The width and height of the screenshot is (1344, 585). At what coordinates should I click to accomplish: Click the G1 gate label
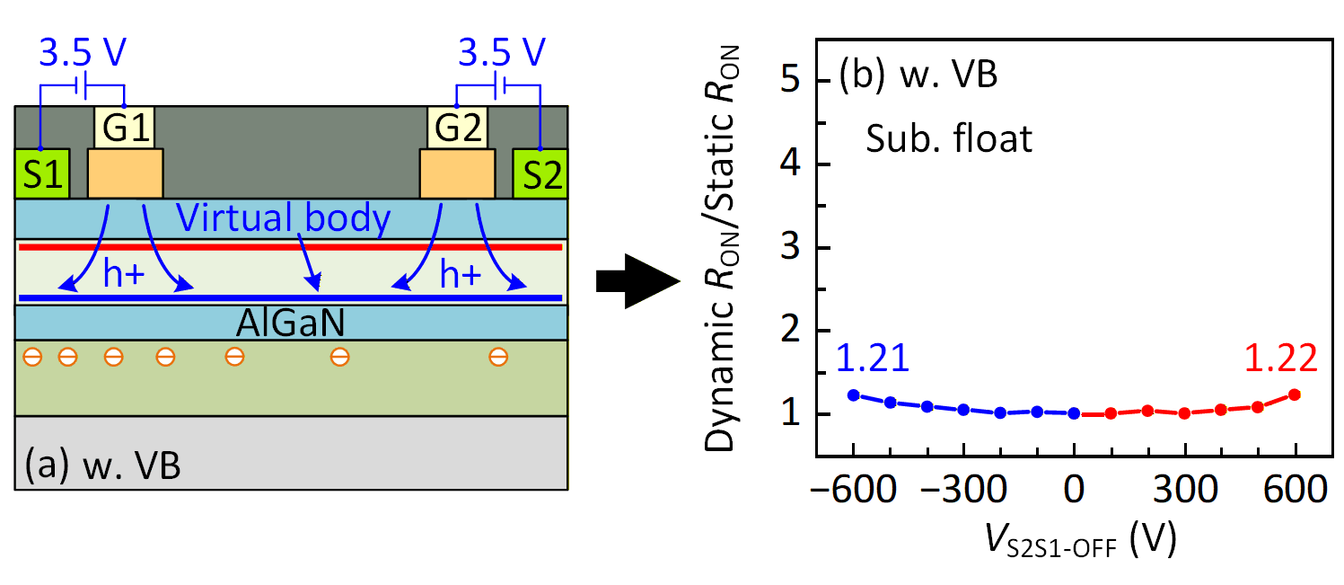point(125,129)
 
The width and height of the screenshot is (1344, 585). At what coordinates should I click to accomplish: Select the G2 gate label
point(457,129)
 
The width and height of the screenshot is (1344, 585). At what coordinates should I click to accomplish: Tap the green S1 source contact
point(41,173)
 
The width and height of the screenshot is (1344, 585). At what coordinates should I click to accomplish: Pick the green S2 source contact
point(540,173)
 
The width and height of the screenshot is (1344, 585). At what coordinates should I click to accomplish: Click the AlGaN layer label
point(292,322)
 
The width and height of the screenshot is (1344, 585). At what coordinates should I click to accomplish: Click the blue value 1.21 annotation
point(874,359)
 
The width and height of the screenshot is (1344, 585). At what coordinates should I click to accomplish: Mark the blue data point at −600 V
point(853,394)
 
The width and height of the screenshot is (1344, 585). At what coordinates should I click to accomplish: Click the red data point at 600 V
point(1295,394)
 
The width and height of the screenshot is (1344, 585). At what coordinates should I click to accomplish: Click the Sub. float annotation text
point(949,139)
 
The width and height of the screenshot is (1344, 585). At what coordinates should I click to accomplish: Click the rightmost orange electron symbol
point(498,358)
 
